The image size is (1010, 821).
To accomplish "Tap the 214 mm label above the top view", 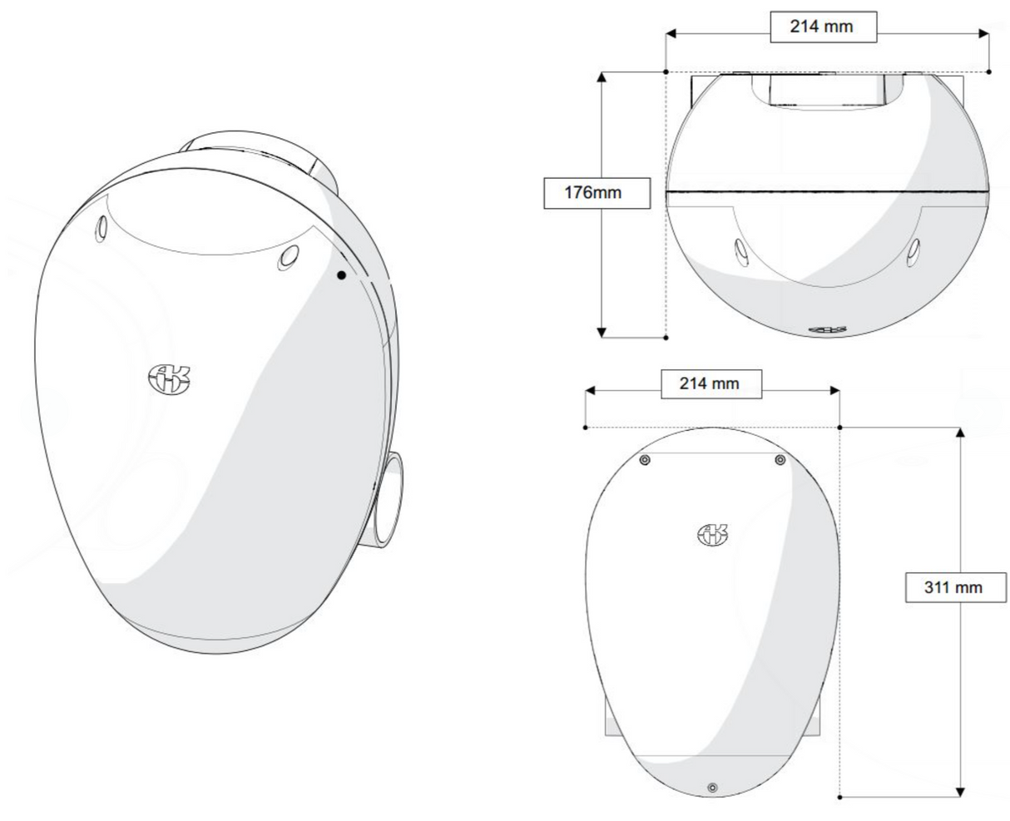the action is click(x=823, y=27).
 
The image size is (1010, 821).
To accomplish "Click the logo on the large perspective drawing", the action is click(x=169, y=378).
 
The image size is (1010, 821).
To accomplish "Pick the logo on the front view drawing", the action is click(x=712, y=535).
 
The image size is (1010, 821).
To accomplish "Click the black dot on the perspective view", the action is click(x=341, y=275).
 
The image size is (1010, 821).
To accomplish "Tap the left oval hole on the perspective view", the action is click(x=101, y=229).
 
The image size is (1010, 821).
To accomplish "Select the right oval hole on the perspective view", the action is click(x=289, y=258).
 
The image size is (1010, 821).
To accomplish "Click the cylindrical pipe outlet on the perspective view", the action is click(x=387, y=500).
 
